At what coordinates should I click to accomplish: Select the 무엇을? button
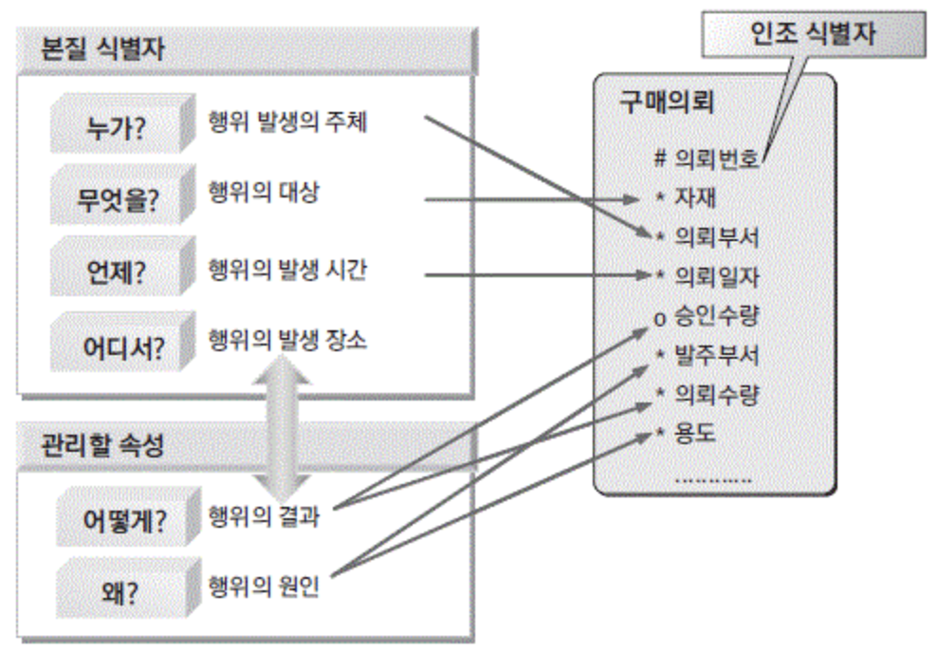pyautogui.click(x=111, y=200)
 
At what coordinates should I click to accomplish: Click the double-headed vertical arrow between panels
pyautogui.click(x=281, y=432)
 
